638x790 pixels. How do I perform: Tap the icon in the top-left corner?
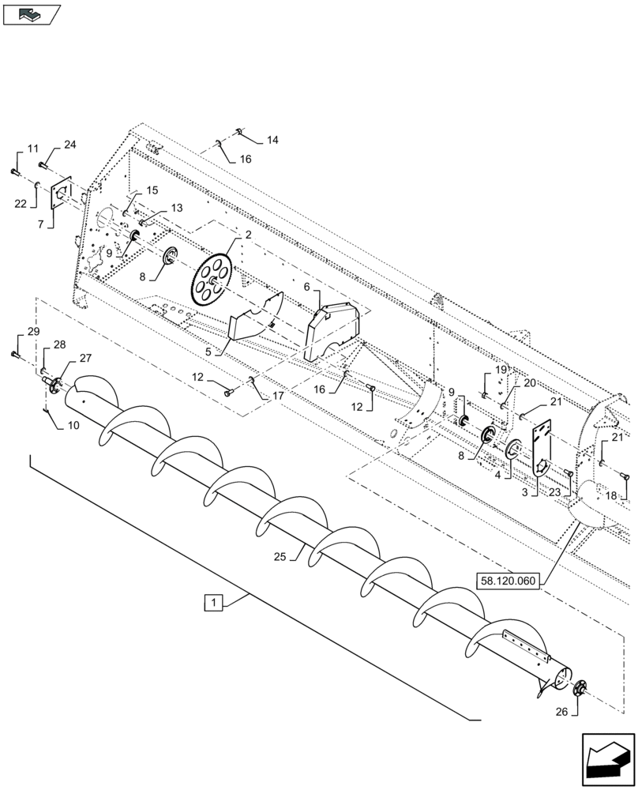[31, 13]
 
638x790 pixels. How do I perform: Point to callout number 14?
[272, 140]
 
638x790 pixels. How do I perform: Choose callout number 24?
[69, 145]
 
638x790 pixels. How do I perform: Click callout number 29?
[32, 332]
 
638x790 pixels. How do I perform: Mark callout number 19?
[501, 370]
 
